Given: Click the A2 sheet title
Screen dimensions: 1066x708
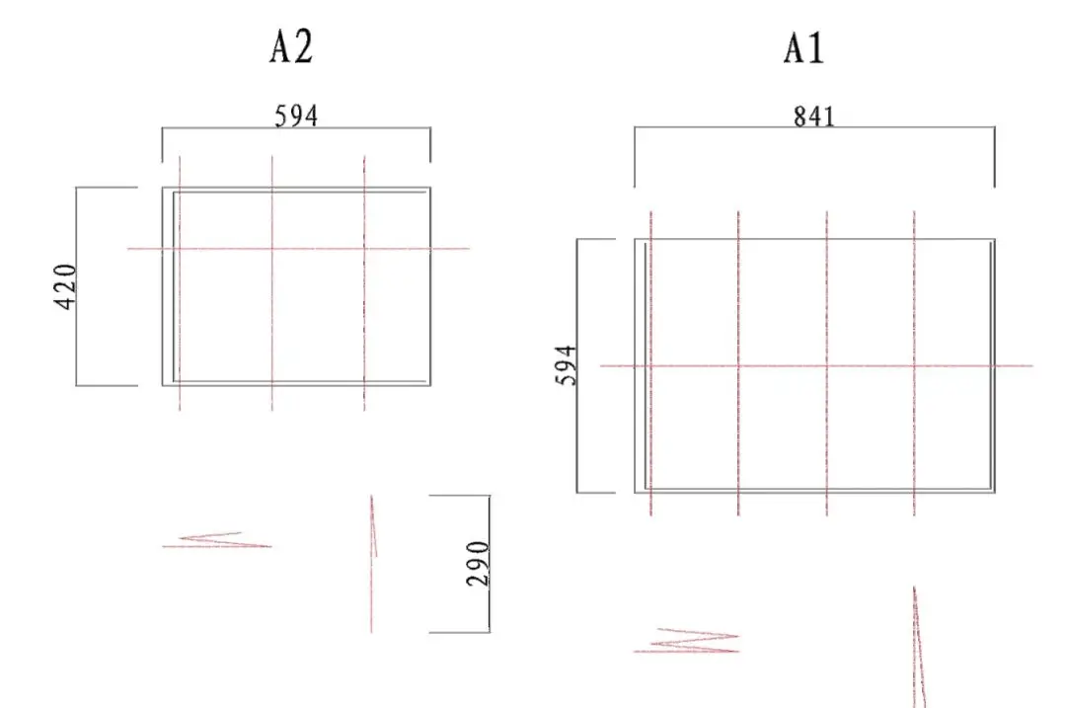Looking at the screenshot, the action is coord(291,47).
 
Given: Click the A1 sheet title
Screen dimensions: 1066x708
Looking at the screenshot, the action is coord(803,49).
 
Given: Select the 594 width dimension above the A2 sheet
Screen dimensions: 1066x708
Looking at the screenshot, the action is coord(296,117).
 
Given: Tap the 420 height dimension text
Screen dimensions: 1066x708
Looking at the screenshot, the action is coord(65,286).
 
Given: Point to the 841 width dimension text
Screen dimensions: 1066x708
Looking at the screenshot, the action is coord(813,117).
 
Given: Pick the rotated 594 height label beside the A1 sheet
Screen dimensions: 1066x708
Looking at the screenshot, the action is coord(567,365).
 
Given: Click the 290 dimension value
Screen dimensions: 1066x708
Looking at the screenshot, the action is coord(478,564).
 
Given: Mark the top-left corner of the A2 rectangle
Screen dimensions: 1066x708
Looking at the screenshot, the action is coord(163,187).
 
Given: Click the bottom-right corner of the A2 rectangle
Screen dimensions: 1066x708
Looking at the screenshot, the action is coord(430,386).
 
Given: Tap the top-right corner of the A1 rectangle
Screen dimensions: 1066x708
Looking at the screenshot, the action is coord(995,239).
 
